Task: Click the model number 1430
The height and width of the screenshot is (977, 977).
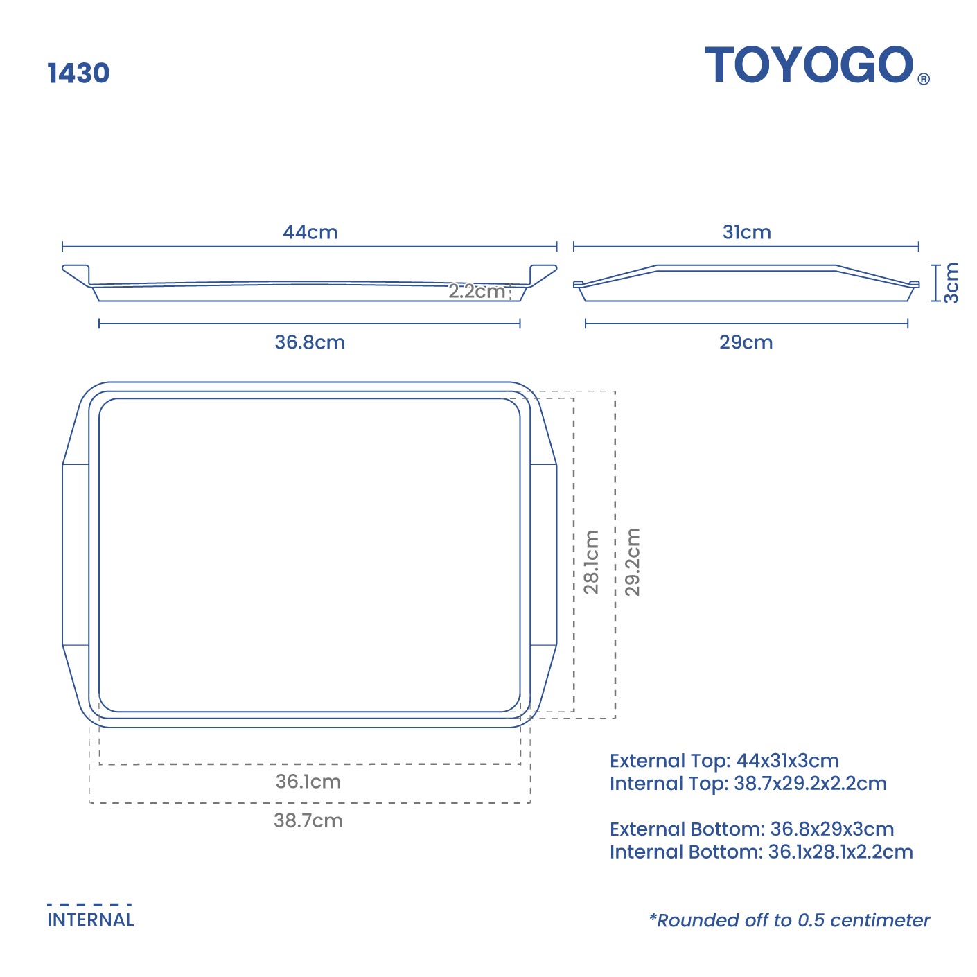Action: [x=78, y=73]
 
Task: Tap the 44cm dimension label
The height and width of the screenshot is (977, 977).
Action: [x=310, y=232]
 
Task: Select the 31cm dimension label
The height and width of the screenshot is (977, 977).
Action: [x=746, y=232]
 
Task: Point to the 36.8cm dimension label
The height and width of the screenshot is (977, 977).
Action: [x=310, y=342]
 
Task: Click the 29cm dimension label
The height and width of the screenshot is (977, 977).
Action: [x=746, y=342]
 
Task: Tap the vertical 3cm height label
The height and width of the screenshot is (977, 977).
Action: [x=951, y=283]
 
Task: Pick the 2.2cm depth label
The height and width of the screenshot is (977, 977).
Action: [x=477, y=291]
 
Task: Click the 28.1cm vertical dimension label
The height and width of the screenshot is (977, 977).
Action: [x=591, y=562]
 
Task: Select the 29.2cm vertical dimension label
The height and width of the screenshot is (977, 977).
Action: [x=633, y=562]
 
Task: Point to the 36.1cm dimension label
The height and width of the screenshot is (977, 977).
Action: [x=308, y=782]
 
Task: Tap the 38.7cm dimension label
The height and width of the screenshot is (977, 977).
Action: [x=308, y=820]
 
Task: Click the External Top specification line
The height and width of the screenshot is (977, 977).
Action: [x=724, y=761]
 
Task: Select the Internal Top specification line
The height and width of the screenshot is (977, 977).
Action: [x=748, y=784]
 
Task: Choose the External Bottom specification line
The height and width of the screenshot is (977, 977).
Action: [x=752, y=829]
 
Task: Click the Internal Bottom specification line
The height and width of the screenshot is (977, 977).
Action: [x=761, y=852]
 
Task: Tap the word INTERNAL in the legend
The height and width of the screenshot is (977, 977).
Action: [x=90, y=920]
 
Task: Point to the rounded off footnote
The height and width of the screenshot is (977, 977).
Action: [x=789, y=920]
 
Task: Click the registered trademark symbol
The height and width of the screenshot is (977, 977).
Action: [x=924, y=79]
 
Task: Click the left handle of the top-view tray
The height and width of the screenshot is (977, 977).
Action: [x=75, y=554]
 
